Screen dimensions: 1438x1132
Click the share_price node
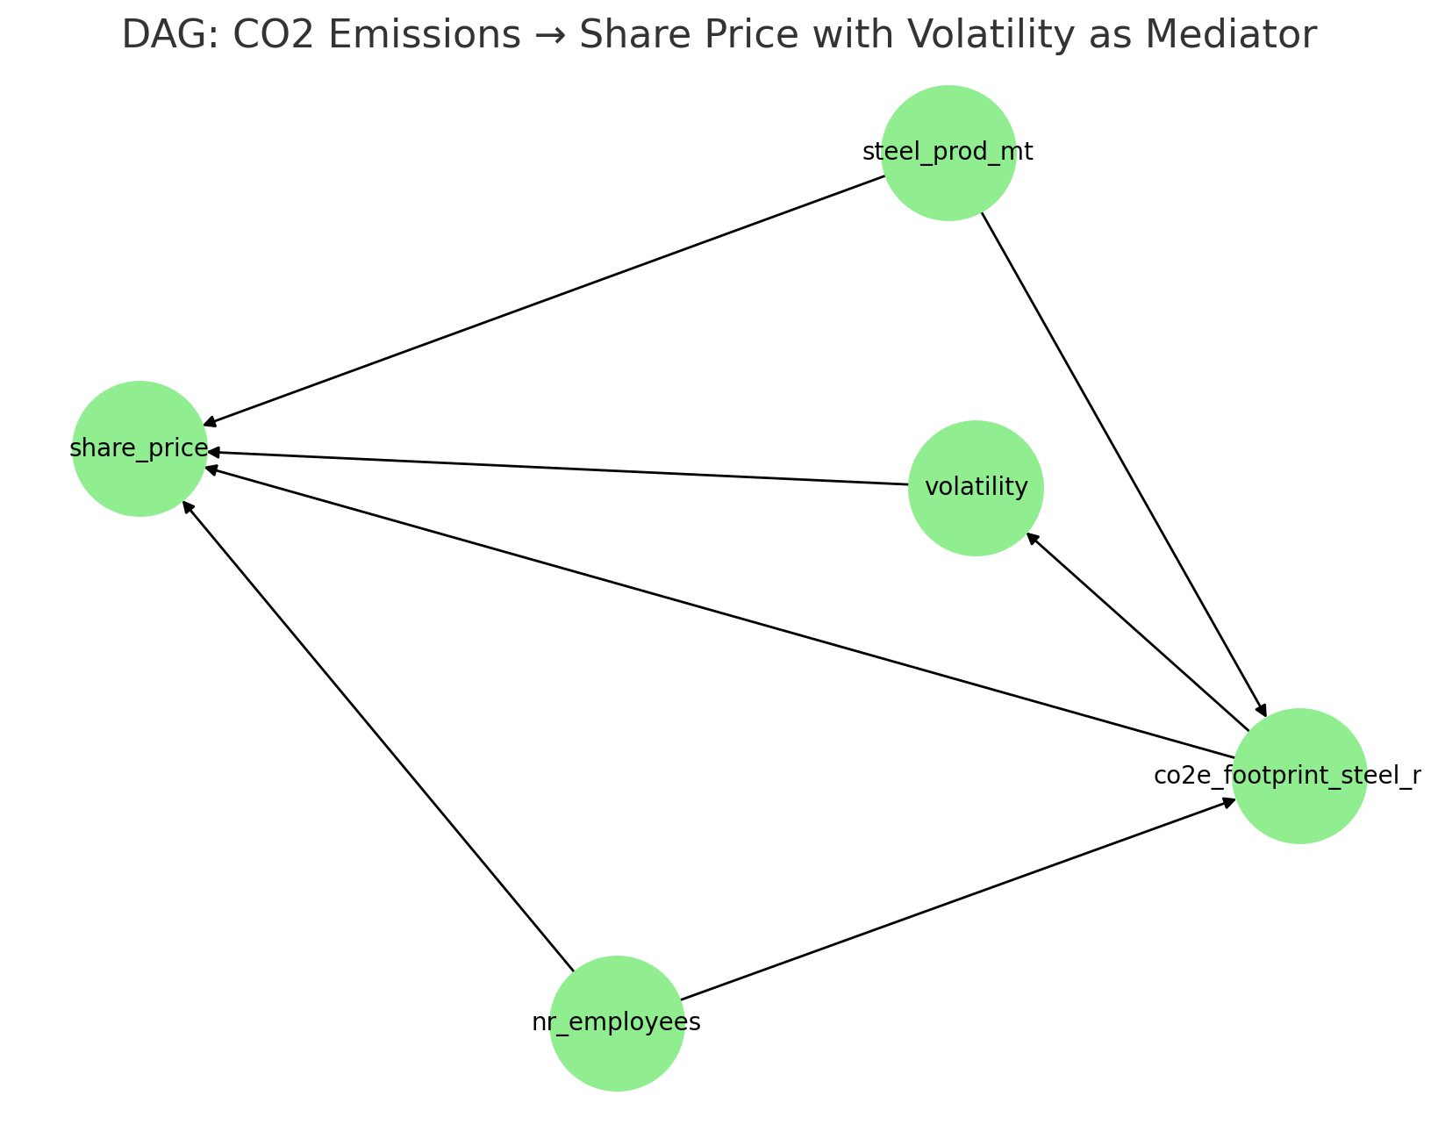pos(139,448)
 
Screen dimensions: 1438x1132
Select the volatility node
pos(976,488)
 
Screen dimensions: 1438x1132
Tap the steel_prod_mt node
pos(948,153)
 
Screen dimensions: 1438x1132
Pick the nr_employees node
pos(617,1023)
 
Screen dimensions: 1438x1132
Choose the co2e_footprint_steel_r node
pos(1299,776)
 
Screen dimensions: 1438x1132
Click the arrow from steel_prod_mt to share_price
pos(544,300)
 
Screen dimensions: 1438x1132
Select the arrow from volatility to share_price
pos(558,469)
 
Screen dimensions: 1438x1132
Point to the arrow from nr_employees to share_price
pos(378,735)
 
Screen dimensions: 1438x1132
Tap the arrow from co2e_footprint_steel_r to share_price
pos(719,613)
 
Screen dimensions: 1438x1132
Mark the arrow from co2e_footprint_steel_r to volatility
pos(1137,632)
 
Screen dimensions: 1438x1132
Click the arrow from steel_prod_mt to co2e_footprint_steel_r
pos(1123,464)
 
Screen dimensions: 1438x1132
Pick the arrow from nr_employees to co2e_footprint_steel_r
pos(957,899)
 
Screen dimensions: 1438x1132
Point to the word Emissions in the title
pos(425,34)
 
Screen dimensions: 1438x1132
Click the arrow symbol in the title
pos(550,35)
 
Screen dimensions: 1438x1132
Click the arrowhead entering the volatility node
pos(1032,539)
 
